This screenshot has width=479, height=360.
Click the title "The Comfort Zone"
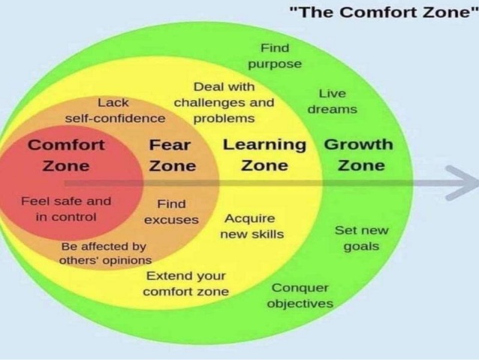(x=384, y=13)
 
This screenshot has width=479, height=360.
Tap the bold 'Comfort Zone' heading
(x=66, y=156)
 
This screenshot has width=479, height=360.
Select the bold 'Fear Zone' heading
(x=172, y=156)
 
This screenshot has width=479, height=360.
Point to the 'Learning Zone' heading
(x=264, y=155)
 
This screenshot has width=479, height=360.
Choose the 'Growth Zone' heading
(x=359, y=155)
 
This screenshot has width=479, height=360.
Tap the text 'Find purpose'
(x=275, y=56)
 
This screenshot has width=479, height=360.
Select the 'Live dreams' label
(x=333, y=101)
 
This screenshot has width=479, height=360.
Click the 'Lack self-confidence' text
(x=115, y=110)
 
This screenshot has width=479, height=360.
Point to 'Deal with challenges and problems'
(x=224, y=102)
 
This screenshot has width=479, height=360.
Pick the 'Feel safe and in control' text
(x=66, y=209)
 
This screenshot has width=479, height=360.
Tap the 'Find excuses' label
(x=171, y=212)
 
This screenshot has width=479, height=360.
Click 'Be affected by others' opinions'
(x=105, y=253)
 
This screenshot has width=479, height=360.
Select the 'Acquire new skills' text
(x=252, y=226)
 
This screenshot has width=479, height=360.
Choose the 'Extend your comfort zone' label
(x=185, y=283)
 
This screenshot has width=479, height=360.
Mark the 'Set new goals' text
(x=362, y=238)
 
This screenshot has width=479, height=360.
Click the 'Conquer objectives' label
(x=300, y=296)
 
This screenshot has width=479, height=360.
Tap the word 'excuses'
(x=171, y=219)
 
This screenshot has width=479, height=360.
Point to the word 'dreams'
(x=333, y=109)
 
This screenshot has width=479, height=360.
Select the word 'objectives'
(x=300, y=304)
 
